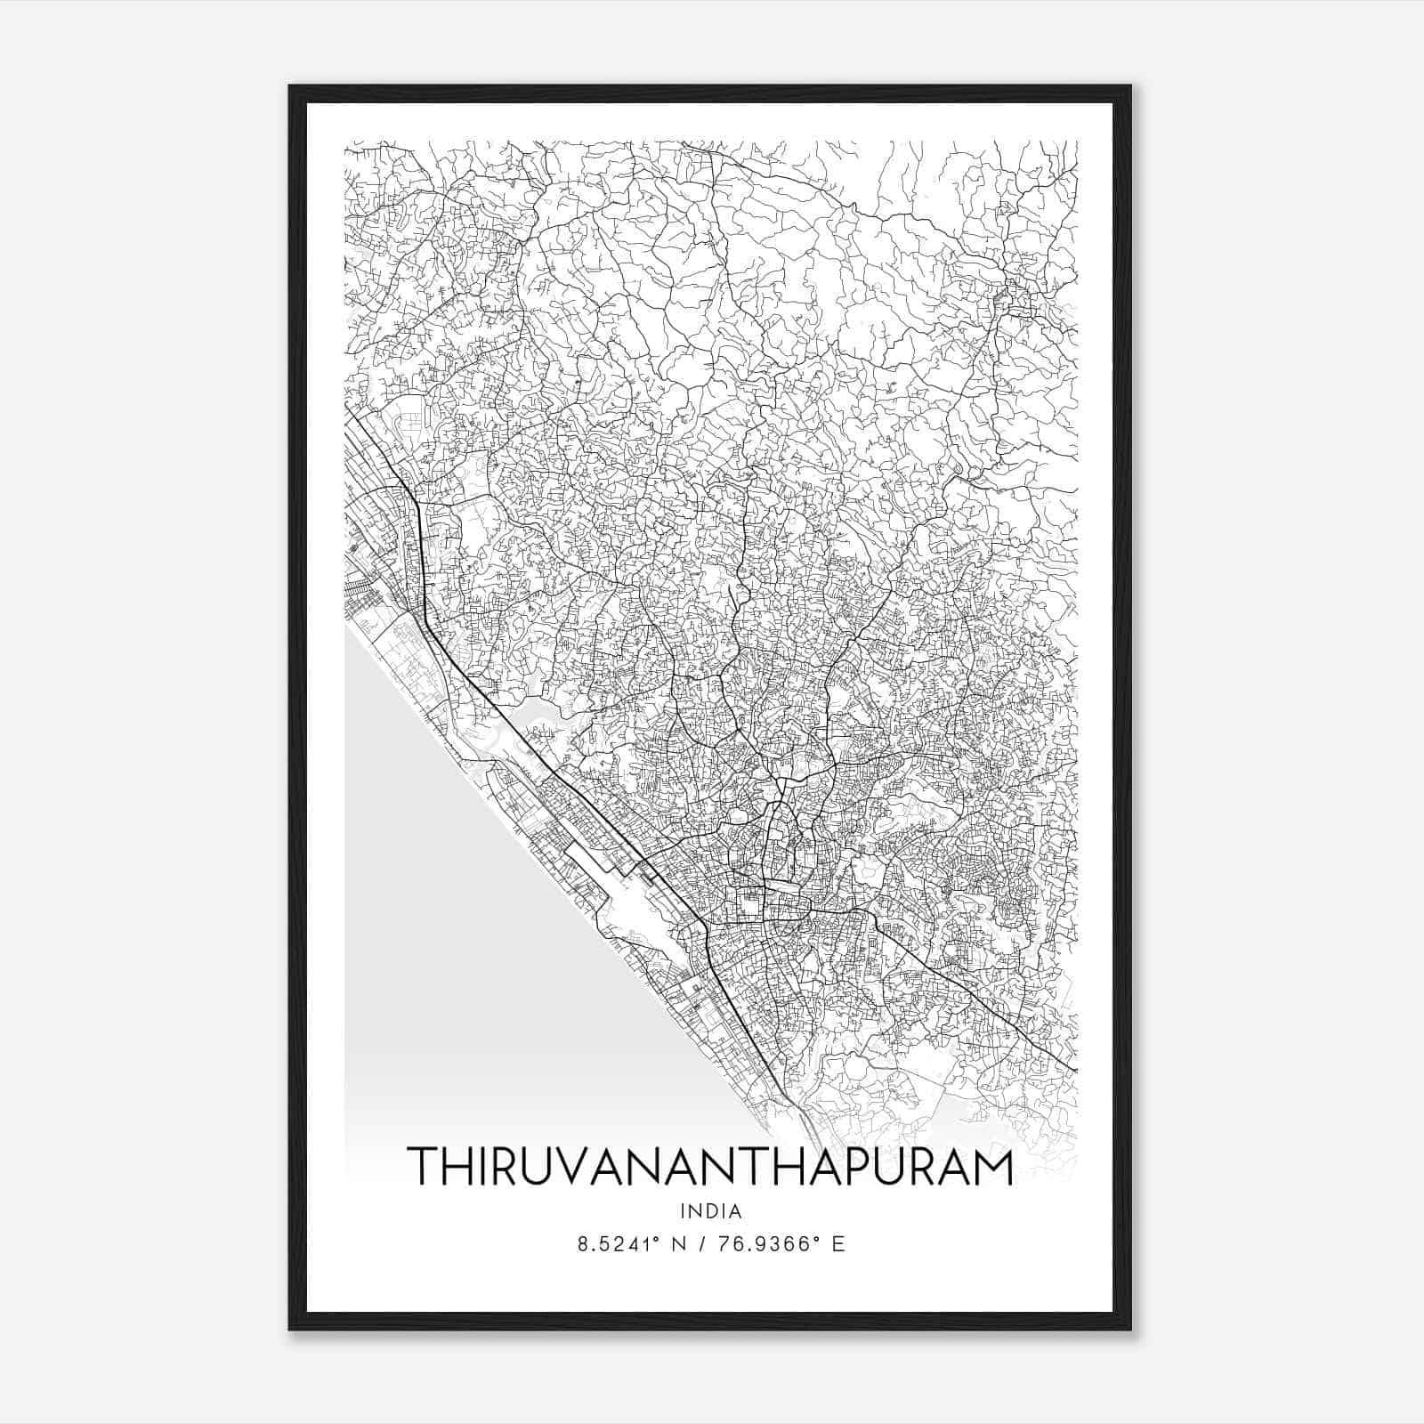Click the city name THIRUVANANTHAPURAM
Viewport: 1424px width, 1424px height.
click(x=710, y=1167)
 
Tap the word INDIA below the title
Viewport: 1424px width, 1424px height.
click(x=710, y=1211)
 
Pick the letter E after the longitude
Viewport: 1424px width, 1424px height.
click(x=837, y=1244)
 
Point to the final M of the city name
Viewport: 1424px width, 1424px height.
click(x=992, y=1167)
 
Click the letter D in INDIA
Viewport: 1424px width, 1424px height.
click(x=711, y=1211)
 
